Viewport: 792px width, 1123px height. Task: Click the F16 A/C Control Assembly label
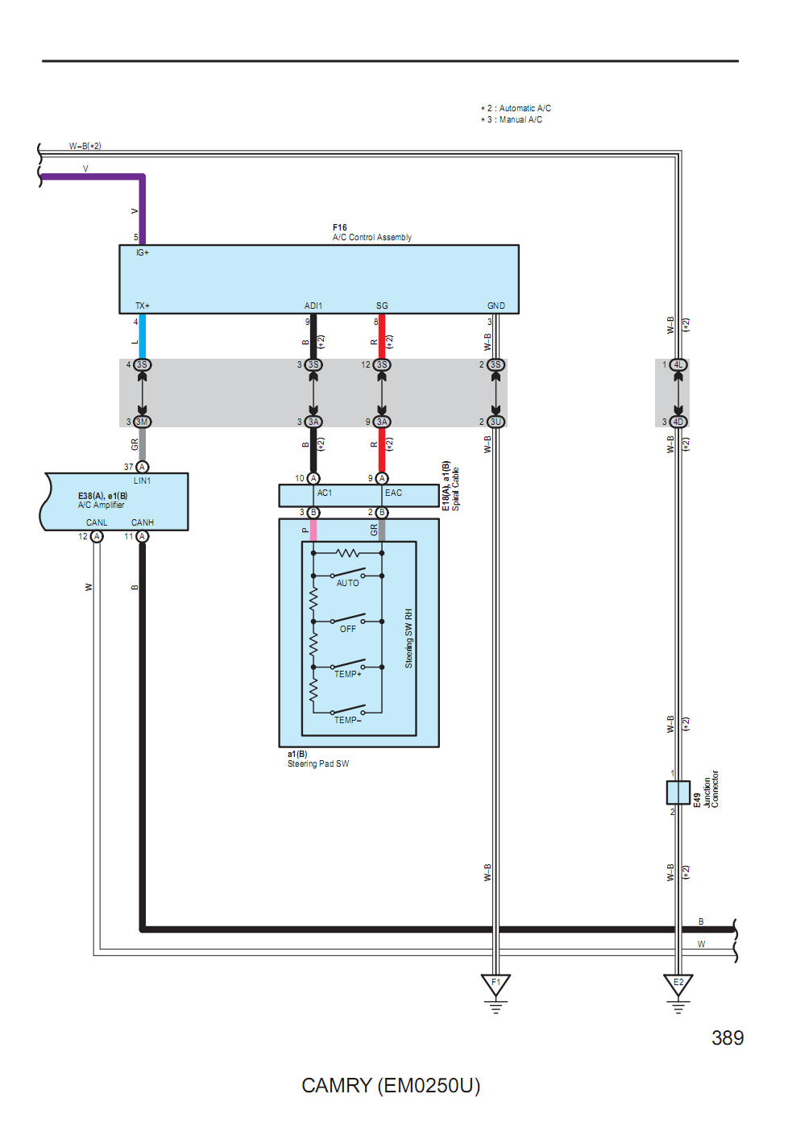(x=371, y=233)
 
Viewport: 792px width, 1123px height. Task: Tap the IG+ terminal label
(x=143, y=253)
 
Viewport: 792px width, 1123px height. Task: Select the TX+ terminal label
(x=143, y=306)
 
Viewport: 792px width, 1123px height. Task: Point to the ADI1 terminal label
(x=313, y=306)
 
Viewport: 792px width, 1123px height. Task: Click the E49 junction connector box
(x=678, y=792)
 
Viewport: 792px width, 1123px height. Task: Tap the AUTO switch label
(x=348, y=583)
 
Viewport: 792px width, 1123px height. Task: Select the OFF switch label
(x=348, y=629)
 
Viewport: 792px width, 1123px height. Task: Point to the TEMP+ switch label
(x=348, y=674)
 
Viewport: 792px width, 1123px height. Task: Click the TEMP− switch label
(x=348, y=720)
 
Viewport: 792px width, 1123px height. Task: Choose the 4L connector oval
(x=678, y=365)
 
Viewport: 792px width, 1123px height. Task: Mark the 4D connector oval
(x=678, y=422)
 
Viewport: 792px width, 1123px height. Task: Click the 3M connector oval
(x=142, y=422)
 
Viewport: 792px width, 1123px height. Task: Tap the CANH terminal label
(x=143, y=522)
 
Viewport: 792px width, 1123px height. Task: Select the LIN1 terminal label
(x=143, y=480)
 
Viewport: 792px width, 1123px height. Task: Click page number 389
(x=728, y=1038)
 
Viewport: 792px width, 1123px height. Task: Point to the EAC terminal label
(x=393, y=493)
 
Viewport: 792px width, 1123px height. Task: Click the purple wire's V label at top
(x=85, y=168)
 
